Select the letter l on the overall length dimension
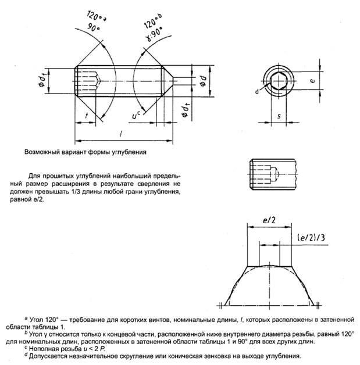[119, 134]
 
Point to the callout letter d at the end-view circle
[257, 91]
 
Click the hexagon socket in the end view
[279, 83]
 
